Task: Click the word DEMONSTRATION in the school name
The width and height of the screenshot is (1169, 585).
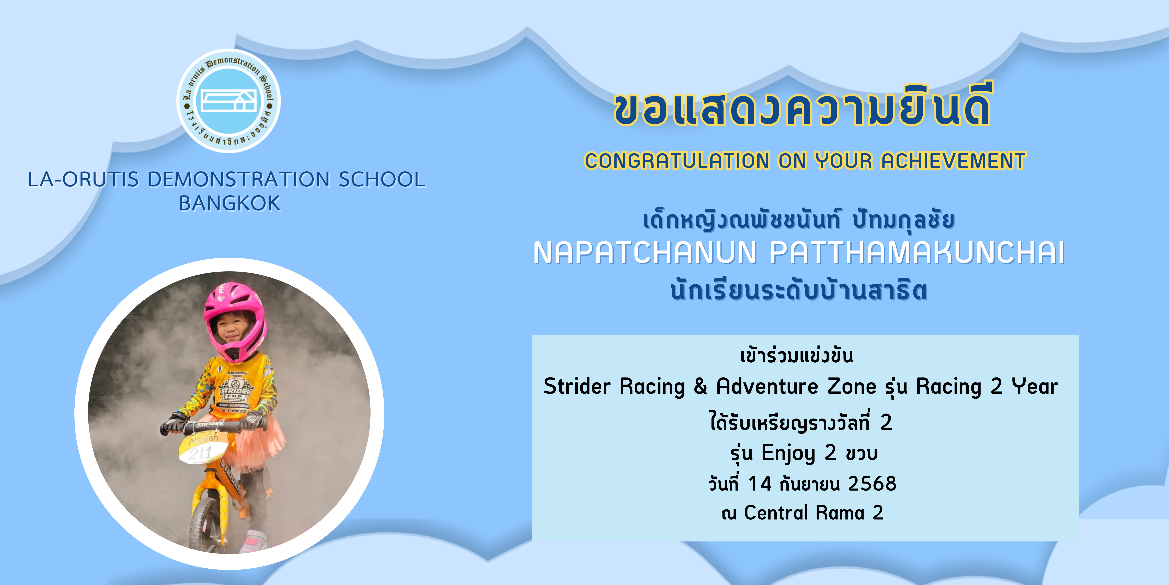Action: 239,179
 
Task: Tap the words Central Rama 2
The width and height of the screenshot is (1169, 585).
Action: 814,513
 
